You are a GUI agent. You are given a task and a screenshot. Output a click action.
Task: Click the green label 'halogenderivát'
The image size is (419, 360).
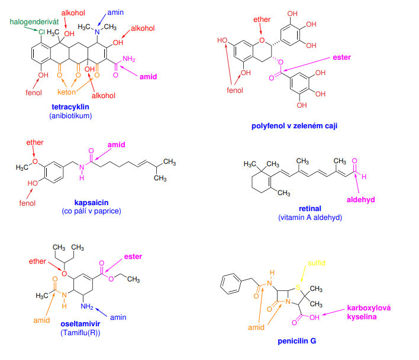[x=34, y=22]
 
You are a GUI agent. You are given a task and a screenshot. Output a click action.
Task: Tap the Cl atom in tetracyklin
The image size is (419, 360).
[x=41, y=32]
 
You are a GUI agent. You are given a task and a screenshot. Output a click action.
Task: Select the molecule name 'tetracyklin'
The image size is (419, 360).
[x=70, y=107]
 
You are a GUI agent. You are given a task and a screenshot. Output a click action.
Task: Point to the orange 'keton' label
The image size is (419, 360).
[x=66, y=92]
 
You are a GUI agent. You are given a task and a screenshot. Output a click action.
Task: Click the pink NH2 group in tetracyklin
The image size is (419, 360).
[x=129, y=59]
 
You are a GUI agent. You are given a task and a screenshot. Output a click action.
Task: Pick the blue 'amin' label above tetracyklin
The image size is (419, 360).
[x=115, y=12]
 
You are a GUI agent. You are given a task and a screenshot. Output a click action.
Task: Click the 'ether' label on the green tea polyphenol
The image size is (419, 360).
[x=262, y=20]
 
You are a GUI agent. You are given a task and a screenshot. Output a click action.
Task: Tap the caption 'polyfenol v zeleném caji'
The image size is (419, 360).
[x=294, y=126]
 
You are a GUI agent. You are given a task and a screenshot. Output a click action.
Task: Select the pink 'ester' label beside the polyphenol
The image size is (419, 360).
[x=342, y=57]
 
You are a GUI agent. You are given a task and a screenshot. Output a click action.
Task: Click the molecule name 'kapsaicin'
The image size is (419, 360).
[x=91, y=203]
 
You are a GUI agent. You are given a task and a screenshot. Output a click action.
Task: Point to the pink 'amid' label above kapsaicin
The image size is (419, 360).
[x=116, y=145]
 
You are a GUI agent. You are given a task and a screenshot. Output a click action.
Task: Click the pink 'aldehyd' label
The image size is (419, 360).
[x=361, y=200]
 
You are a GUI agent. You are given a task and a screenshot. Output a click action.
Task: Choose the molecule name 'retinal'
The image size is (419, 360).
[x=310, y=209]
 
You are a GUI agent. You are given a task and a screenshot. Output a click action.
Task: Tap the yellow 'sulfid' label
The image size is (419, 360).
[x=317, y=263]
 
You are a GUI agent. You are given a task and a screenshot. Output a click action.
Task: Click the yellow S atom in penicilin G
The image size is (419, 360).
[x=298, y=287]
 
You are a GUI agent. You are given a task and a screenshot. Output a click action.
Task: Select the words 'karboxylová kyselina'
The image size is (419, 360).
[x=369, y=313]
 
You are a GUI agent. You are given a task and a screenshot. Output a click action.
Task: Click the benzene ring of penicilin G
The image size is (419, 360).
[x=231, y=284]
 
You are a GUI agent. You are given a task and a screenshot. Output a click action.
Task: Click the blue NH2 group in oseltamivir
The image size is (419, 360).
[x=87, y=306]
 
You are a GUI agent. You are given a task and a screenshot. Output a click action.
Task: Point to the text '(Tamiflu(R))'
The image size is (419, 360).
[x=80, y=333]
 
